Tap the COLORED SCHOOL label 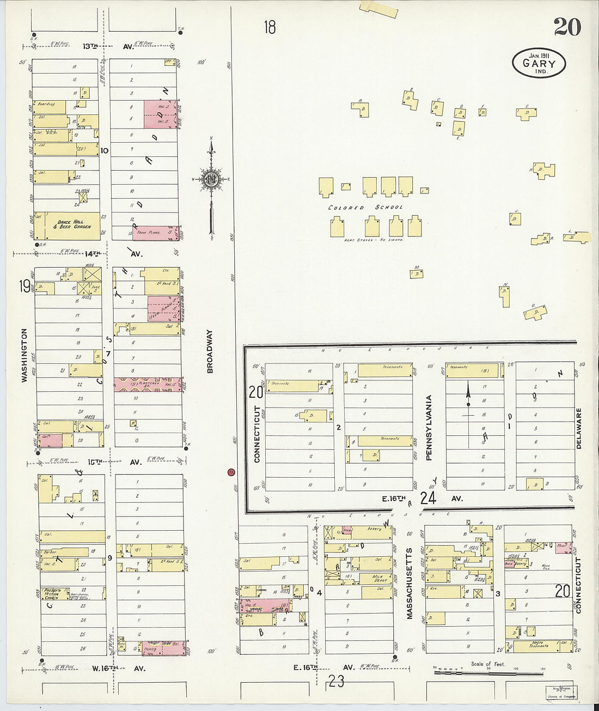[365, 208]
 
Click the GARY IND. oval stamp [539, 63]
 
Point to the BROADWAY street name [210, 351]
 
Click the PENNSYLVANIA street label [429, 428]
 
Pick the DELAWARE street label [579, 428]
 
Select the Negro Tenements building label [539, 646]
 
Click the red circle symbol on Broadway [231, 471]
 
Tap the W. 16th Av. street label [118, 668]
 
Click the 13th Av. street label [108, 47]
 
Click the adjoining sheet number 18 [270, 27]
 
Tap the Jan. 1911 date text [538, 55]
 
